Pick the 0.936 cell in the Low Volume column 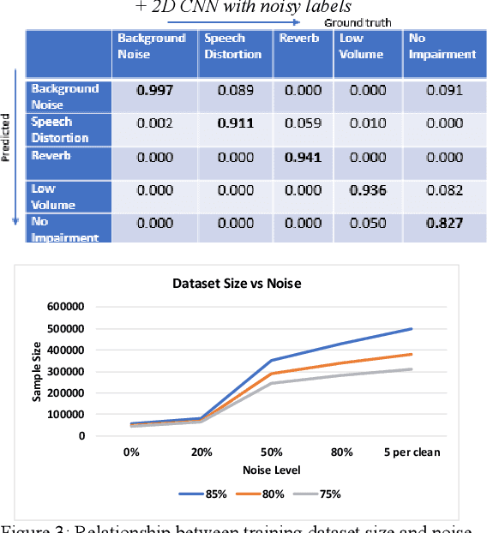pos(367,190)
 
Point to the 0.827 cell pos(445,224)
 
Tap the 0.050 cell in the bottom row pos(367,224)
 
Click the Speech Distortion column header pos(232,46)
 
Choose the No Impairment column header pos(442,46)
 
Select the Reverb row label pos(51,156)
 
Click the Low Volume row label pos(53,196)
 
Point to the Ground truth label pos(358,22)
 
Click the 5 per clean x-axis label pos(412,451)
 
